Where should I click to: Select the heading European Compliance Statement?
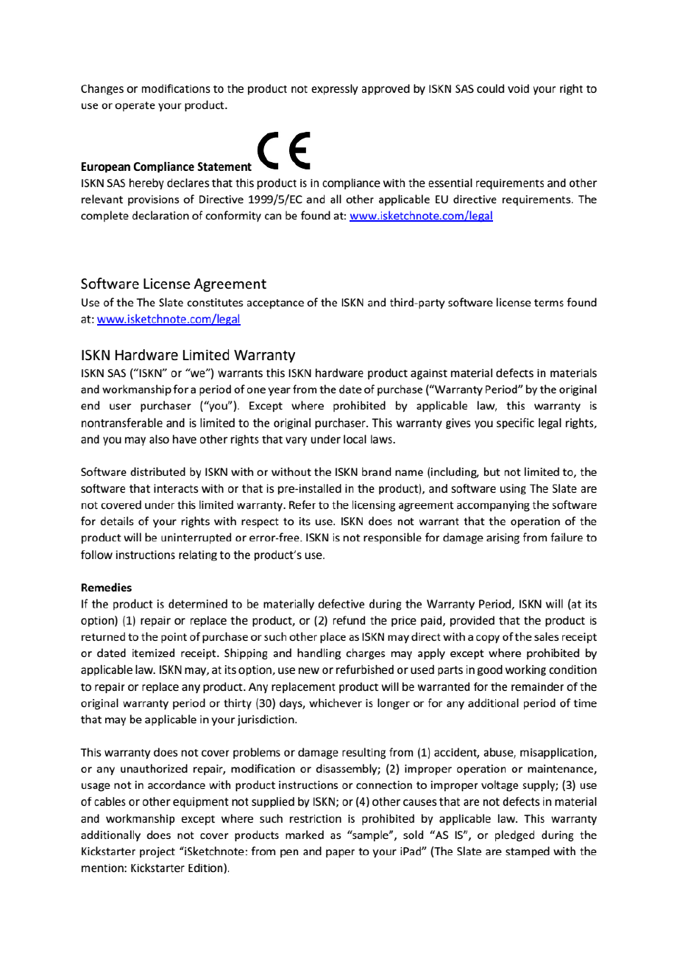point(166,169)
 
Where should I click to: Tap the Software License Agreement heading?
point(173,284)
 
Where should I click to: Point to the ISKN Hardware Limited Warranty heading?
point(188,356)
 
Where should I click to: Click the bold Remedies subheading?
point(106,588)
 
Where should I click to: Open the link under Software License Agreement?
point(169,320)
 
